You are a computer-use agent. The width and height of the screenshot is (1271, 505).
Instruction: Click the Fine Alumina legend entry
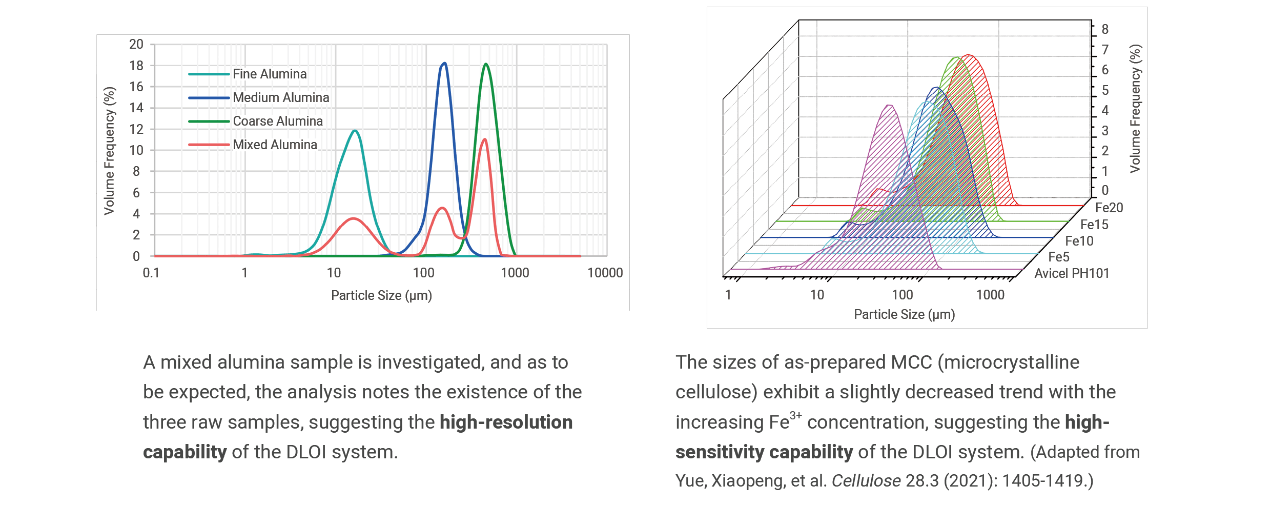point(270,74)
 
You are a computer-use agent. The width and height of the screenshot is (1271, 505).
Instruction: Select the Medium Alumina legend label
point(281,98)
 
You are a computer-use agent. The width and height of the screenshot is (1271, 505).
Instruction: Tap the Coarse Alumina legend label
point(278,122)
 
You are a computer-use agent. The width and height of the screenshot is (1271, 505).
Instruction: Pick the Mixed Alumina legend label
point(275,145)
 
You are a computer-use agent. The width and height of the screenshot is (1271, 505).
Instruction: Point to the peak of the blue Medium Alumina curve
point(444,64)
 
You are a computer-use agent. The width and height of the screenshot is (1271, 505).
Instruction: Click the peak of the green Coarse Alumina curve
point(486,64)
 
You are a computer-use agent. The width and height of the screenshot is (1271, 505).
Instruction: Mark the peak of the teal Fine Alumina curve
point(355,131)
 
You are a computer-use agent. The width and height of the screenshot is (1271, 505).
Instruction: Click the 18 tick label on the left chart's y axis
point(136,66)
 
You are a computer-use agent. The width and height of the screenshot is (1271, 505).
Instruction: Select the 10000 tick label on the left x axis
point(605,273)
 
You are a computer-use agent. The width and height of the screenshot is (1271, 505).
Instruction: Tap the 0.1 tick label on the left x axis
point(151,273)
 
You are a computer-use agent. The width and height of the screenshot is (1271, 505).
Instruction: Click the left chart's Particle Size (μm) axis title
point(381,296)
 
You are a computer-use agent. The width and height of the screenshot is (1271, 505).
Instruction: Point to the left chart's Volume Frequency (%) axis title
point(109,151)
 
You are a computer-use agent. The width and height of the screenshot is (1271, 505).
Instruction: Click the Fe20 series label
point(1109,208)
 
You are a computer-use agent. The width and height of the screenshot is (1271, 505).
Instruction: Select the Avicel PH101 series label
point(1072,273)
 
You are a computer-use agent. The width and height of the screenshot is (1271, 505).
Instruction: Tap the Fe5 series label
point(1059,257)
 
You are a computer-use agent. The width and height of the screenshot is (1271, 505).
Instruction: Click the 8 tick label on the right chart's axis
point(1105,29)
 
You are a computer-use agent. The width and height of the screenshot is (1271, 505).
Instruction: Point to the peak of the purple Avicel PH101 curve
point(890,106)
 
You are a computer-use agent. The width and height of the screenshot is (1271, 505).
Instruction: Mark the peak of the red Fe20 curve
point(968,55)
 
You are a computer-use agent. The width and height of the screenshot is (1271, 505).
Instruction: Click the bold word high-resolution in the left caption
point(506,422)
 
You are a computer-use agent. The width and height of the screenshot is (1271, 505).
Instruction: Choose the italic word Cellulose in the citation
point(866,481)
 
